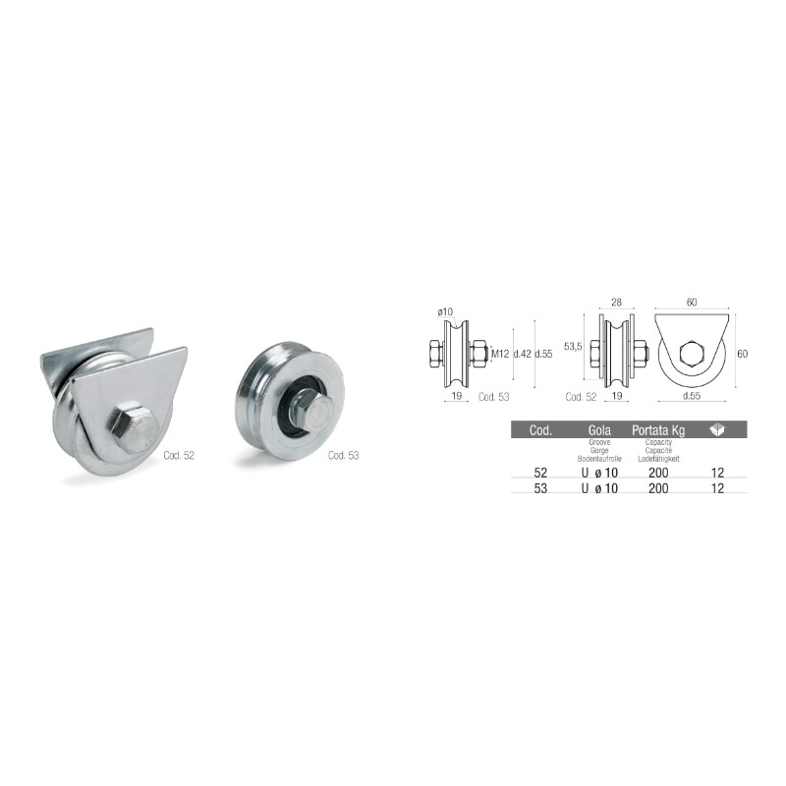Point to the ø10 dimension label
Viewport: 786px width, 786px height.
click(445, 311)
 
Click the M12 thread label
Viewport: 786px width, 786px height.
click(498, 354)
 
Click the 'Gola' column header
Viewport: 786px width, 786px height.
click(599, 430)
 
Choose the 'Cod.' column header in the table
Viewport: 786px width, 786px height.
click(540, 430)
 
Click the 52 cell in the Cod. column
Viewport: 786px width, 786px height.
click(540, 473)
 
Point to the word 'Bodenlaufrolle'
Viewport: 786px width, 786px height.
click(599, 459)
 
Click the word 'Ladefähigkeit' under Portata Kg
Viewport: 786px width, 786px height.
click(657, 459)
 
